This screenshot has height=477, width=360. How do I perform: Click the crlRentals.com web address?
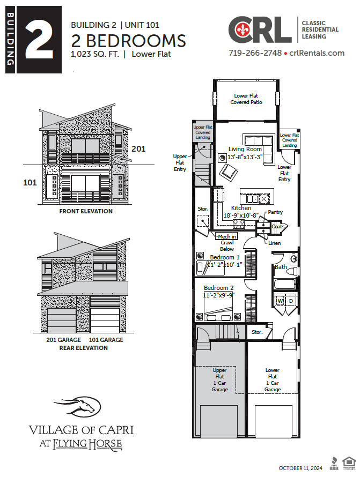[317, 53]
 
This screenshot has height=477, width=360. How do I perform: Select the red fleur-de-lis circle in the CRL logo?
[239, 29]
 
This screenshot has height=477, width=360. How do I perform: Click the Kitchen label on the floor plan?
[241, 208]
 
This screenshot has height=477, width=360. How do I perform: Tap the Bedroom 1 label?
[225, 257]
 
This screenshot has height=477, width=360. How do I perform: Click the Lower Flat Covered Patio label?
[246, 99]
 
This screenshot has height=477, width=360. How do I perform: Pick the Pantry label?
[275, 212]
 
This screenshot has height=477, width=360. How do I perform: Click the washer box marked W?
[280, 301]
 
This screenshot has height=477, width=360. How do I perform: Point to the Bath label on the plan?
[281, 266]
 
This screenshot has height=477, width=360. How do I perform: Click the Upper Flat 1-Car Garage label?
[219, 379]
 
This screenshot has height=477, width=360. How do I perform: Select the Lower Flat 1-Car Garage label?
[272, 379]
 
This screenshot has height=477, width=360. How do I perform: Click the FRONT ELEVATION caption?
[86, 211]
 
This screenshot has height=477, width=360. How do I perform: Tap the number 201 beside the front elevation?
[138, 148]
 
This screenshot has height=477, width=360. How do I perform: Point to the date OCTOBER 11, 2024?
[300, 468]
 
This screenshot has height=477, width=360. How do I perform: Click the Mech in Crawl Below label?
[226, 242]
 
